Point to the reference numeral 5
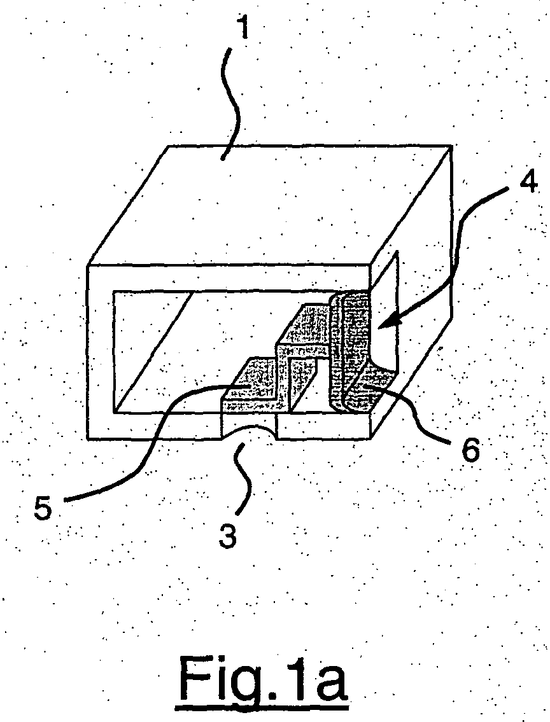coord(43,510)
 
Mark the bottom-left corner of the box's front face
coord(88,438)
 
